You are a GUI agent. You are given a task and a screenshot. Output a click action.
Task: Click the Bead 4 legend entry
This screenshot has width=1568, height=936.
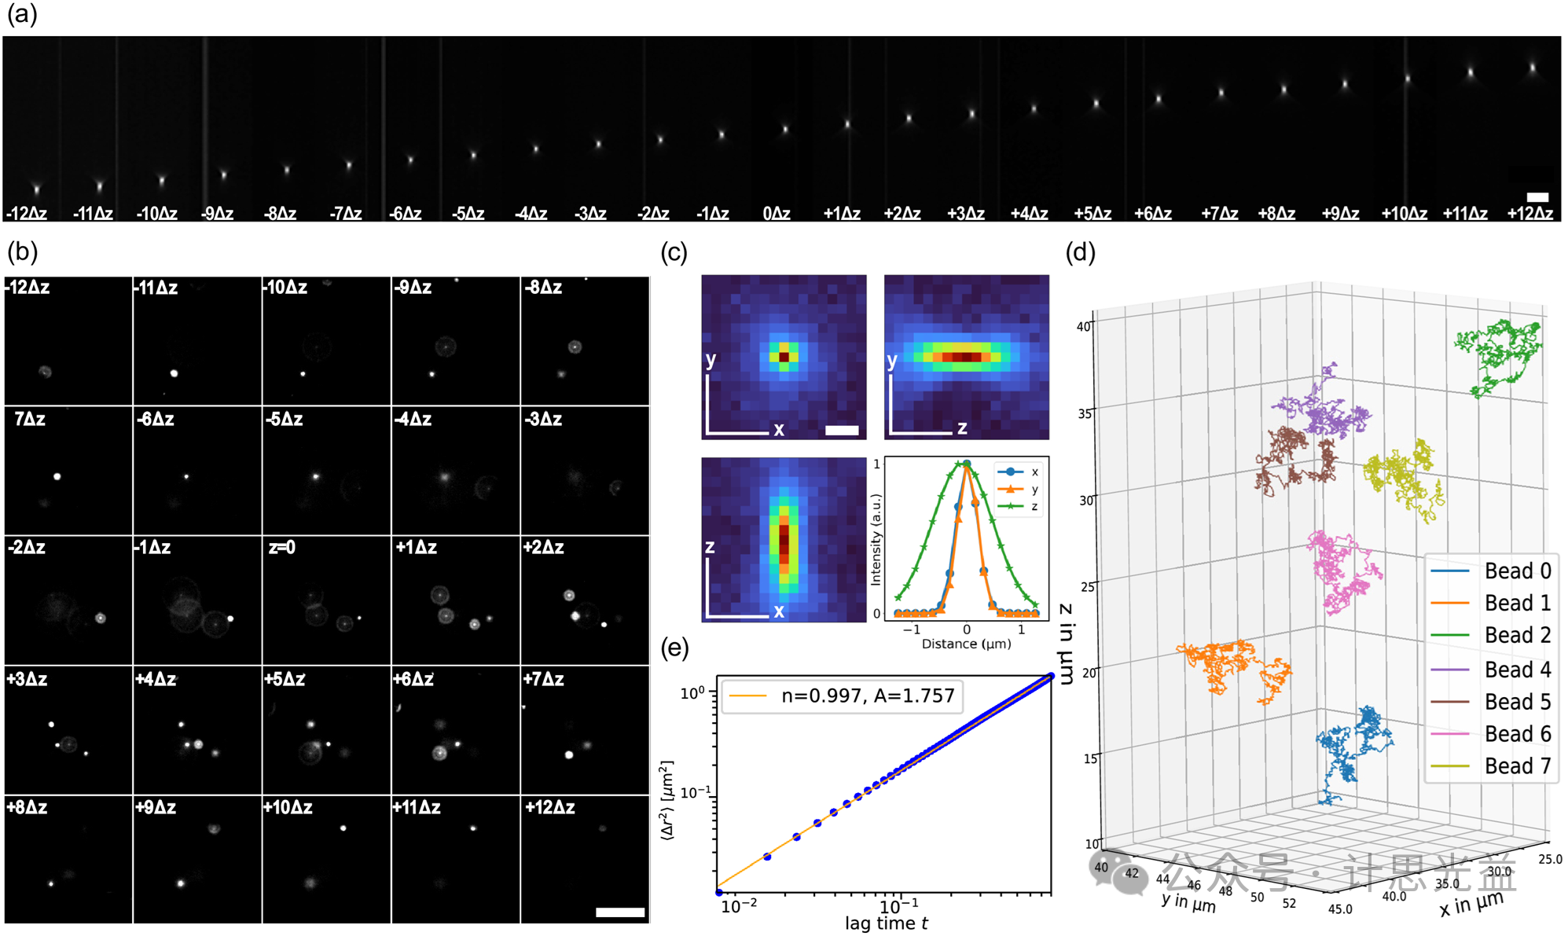[1490, 670]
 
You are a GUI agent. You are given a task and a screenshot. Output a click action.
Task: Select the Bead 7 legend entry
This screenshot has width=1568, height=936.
[1490, 765]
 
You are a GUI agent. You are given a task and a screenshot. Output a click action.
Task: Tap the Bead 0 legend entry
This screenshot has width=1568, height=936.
[1490, 571]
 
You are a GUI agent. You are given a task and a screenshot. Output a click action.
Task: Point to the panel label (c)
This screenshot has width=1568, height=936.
[674, 252]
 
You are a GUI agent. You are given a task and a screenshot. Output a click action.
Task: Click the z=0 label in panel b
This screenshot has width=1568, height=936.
[282, 548]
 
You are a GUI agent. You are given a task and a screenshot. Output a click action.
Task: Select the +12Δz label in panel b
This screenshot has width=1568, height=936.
[550, 807]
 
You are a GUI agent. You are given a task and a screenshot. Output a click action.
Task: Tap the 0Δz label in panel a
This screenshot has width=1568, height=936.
[777, 213]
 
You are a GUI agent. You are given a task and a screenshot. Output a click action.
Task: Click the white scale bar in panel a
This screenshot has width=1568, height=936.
[1537, 197]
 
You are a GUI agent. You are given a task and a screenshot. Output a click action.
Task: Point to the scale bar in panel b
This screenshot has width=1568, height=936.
[620, 912]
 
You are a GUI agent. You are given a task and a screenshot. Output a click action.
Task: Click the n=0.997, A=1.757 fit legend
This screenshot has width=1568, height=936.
[842, 696]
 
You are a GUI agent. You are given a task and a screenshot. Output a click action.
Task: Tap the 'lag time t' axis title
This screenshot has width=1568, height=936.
[887, 923]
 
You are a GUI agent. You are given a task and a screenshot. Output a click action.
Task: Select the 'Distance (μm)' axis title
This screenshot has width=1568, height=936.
[966, 644]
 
